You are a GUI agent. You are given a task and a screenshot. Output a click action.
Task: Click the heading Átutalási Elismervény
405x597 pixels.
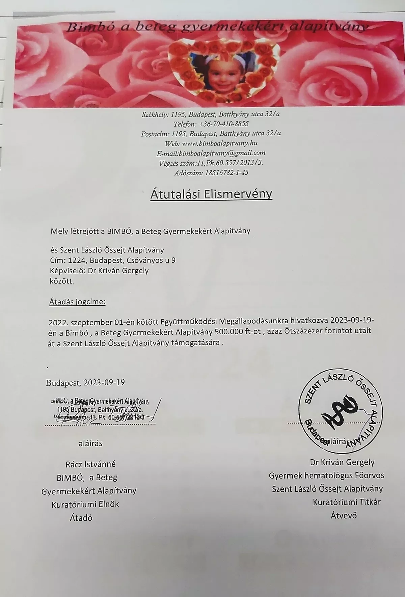point(211,194)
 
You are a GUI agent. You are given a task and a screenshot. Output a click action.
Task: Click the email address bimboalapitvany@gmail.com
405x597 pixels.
point(222,153)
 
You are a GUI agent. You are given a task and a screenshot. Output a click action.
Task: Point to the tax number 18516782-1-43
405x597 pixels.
point(225,172)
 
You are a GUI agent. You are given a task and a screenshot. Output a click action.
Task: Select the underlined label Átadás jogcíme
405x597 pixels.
point(78,302)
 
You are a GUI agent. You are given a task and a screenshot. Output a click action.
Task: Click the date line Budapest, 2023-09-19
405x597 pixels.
point(85,382)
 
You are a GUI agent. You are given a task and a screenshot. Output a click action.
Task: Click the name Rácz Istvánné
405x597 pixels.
point(90,464)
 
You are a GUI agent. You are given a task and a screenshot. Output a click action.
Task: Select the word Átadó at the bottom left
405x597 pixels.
point(81,518)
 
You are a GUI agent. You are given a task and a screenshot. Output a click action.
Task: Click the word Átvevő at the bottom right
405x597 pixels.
point(344,515)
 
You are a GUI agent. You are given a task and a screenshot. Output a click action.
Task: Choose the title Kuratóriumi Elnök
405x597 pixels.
point(85,505)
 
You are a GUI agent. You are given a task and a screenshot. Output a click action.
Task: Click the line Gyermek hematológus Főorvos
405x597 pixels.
point(326,475)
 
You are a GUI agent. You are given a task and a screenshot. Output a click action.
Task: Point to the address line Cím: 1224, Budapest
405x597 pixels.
point(113,260)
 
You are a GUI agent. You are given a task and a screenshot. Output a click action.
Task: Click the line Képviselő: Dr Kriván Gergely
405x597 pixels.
point(99,270)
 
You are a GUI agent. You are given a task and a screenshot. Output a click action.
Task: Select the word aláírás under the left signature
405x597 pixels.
point(90,443)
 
